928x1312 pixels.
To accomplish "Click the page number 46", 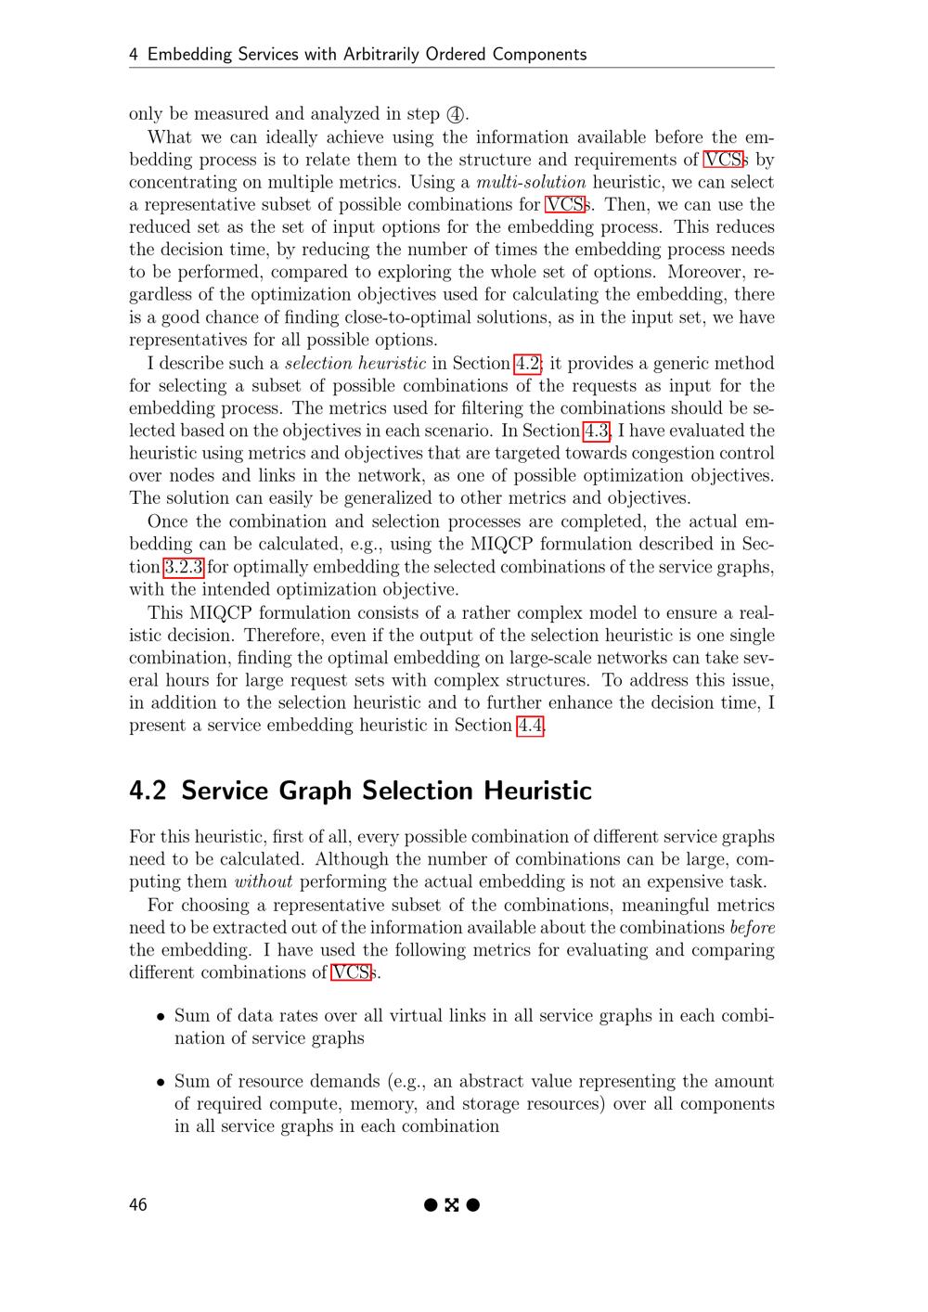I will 138,1205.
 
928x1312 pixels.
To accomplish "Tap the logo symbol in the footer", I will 452,1205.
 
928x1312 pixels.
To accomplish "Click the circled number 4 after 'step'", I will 455,115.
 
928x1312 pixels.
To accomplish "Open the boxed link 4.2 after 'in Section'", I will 527,364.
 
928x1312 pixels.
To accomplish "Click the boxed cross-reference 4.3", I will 597,431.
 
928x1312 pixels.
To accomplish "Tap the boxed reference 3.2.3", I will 184,567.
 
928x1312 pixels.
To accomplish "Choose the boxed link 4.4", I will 530,726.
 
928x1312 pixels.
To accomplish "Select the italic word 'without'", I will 264,882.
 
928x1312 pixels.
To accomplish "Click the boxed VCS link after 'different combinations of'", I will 352,973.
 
